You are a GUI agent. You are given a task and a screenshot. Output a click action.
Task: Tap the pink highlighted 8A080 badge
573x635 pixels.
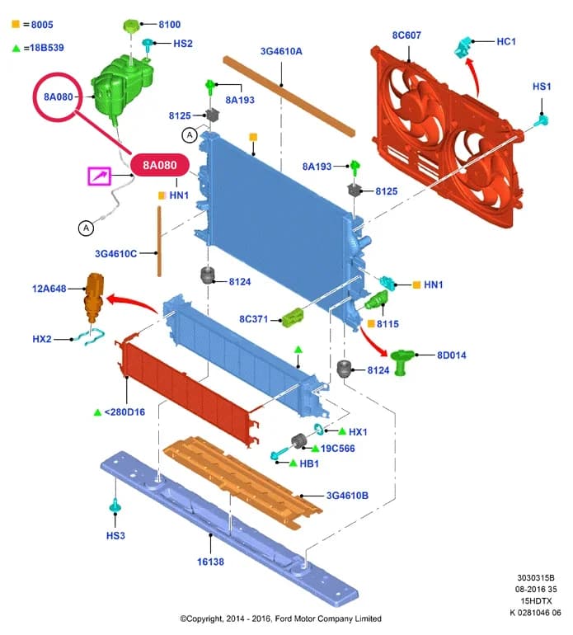[x=160, y=165]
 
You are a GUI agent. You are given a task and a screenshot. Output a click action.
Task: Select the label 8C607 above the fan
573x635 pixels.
[x=406, y=35]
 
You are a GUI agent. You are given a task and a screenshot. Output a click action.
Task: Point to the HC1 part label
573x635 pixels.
[x=505, y=41]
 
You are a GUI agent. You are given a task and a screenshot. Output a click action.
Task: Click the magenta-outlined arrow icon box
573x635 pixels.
[x=99, y=176]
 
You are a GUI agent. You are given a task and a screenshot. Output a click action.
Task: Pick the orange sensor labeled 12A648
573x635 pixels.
[x=94, y=298]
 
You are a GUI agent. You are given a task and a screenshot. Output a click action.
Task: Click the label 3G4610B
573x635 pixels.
[x=347, y=496]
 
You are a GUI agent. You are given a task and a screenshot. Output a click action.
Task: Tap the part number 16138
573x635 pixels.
[x=210, y=562]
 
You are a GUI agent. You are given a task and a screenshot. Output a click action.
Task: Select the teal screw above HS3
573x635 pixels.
[x=115, y=506]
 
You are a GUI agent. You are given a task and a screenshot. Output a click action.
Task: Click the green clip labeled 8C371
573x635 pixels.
[x=293, y=317]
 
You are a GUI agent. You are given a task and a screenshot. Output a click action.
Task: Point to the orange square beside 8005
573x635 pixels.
[x=16, y=24]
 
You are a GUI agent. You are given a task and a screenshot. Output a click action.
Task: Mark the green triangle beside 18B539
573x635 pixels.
[x=16, y=48]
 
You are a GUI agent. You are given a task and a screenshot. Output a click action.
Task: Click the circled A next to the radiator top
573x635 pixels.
[x=190, y=135]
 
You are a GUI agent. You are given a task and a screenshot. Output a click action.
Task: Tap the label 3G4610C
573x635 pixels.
[x=115, y=254]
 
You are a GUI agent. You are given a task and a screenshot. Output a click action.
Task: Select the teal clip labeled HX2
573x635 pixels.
[x=89, y=336]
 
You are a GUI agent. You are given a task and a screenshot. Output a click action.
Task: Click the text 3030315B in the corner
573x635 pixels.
[x=535, y=578]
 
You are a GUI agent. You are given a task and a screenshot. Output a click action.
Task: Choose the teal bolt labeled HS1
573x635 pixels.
[x=541, y=120]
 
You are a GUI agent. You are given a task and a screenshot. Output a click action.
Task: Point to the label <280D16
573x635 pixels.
[x=124, y=412]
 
